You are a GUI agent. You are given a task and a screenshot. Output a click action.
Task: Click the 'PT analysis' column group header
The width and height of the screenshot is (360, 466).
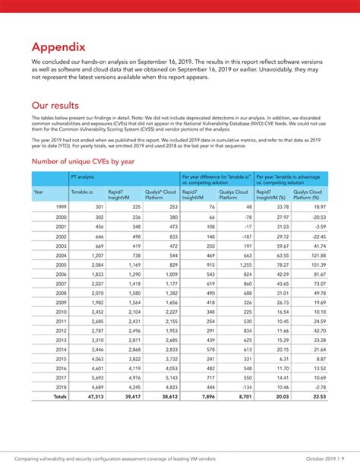point(84,176)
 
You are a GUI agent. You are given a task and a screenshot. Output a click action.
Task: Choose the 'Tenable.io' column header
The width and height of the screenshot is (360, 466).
point(83,192)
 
